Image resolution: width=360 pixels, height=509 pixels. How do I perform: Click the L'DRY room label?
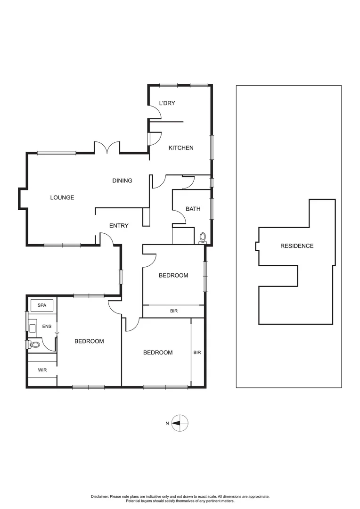tap(167, 103)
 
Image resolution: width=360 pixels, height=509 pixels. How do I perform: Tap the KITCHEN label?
tap(181, 148)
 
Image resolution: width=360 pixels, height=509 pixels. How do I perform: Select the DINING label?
tap(122, 181)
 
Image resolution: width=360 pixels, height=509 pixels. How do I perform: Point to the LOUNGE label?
tap(62, 197)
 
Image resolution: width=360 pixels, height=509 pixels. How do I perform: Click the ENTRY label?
tap(119, 226)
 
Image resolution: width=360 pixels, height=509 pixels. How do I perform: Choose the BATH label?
tap(193, 209)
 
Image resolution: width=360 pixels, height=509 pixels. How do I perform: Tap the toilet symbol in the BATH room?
tap(203, 238)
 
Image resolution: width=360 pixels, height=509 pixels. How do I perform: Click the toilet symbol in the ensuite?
tap(34, 345)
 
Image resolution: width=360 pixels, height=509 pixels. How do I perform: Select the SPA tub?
tap(42, 305)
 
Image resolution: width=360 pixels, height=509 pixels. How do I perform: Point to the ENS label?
tap(47, 326)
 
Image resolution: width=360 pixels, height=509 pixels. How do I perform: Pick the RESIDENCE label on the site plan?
tap(297, 246)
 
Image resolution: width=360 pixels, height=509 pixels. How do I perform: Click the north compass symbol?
tap(180, 423)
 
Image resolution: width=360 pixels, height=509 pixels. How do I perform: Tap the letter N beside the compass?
tap(167, 423)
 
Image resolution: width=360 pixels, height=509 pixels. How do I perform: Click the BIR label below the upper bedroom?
tap(174, 312)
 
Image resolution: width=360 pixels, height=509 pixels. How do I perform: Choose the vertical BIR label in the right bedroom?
tap(197, 352)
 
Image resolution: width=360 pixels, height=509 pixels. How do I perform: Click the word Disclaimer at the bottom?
tap(99, 496)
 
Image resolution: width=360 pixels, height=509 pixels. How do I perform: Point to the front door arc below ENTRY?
tap(107, 239)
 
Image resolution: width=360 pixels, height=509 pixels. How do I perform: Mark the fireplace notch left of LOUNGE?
tap(22, 198)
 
